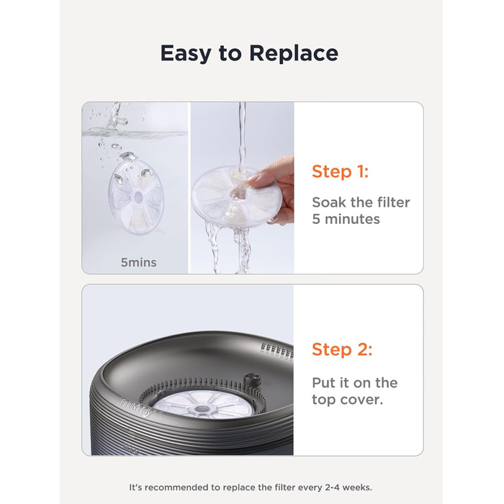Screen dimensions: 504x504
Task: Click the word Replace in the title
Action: click(294, 53)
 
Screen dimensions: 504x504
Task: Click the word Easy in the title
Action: click(186, 54)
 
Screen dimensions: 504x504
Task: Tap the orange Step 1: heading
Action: click(340, 171)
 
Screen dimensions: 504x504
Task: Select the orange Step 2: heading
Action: click(342, 349)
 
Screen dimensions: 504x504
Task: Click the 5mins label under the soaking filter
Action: click(138, 263)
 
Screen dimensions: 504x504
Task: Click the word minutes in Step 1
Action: click(352, 219)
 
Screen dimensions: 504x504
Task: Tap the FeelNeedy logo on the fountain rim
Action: click(137, 408)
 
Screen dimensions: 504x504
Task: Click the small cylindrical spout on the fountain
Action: click(252, 381)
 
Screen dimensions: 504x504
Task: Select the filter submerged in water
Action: click(136, 197)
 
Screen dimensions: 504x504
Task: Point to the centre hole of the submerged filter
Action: click(138, 196)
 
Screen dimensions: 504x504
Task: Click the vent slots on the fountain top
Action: click(276, 350)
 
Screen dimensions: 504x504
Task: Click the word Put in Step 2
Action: click(324, 383)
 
